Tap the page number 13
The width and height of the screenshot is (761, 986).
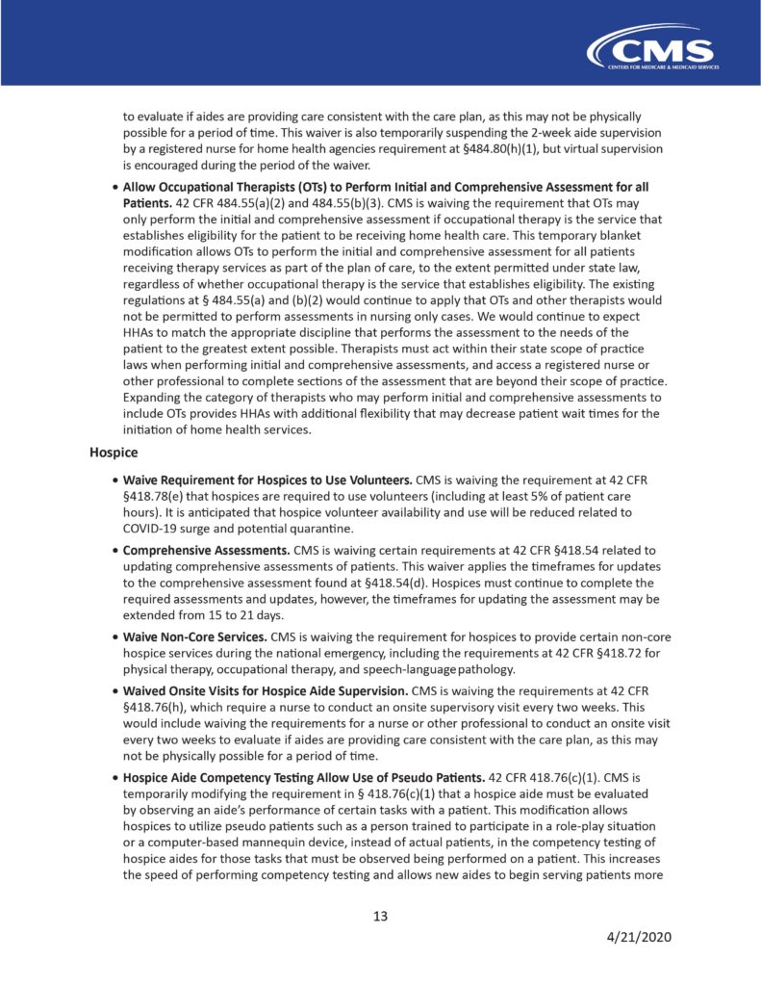pos(380,916)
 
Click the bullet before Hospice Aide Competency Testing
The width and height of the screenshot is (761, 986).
pos(114,776)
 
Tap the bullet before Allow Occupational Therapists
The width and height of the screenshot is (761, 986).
pos(114,186)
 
